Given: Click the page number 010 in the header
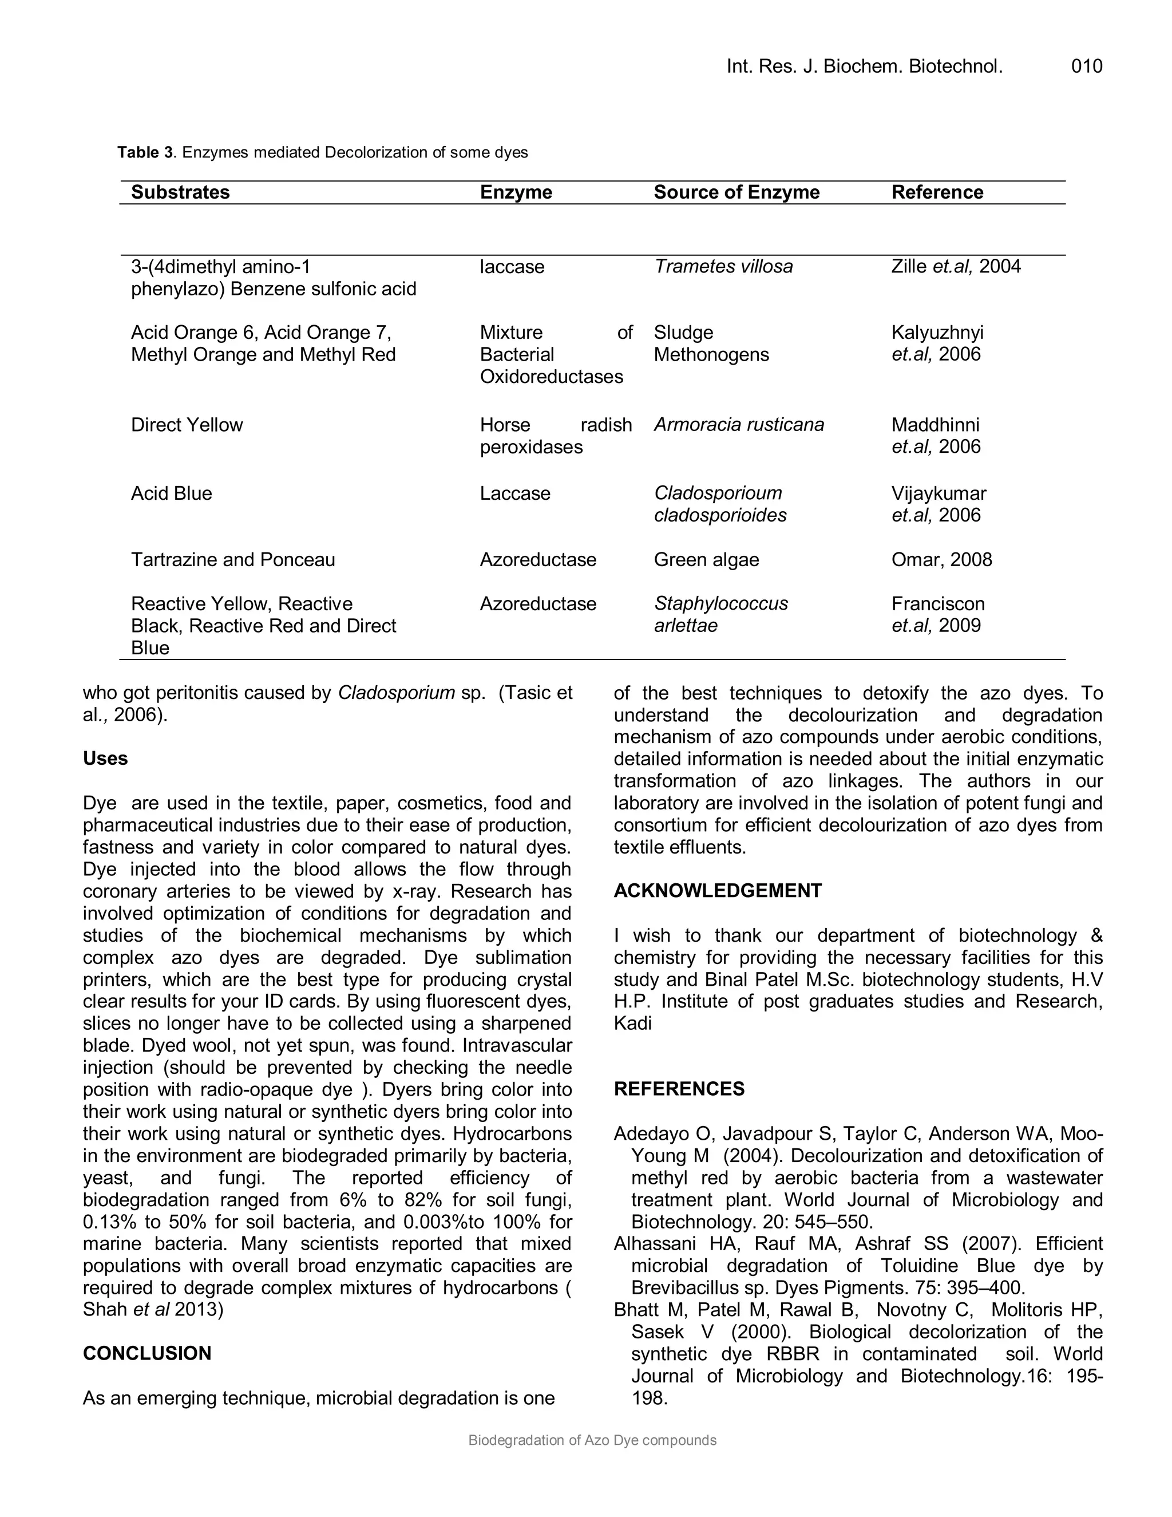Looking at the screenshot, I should [1086, 66].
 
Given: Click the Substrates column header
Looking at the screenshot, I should [180, 192].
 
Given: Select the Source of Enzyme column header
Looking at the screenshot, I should [736, 192].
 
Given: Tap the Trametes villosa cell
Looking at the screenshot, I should [723, 267].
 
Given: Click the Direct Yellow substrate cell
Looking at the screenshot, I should [187, 425].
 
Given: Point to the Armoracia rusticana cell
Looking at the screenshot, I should [739, 425].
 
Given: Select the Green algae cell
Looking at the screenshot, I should [706, 560].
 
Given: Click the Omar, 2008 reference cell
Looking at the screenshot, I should [941, 560].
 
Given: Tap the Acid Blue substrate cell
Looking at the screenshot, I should [172, 494].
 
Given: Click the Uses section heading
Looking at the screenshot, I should [105, 758].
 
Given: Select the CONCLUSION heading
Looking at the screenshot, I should [146, 1354].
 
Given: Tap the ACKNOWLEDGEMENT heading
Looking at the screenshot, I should [717, 891].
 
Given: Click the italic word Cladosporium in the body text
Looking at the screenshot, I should [396, 693].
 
